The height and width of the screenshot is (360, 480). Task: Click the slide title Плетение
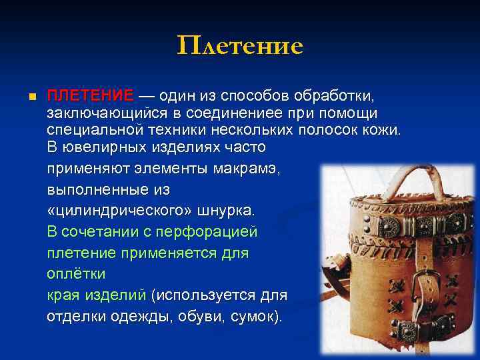(x=240, y=46)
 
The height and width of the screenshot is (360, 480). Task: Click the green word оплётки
(x=76, y=274)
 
